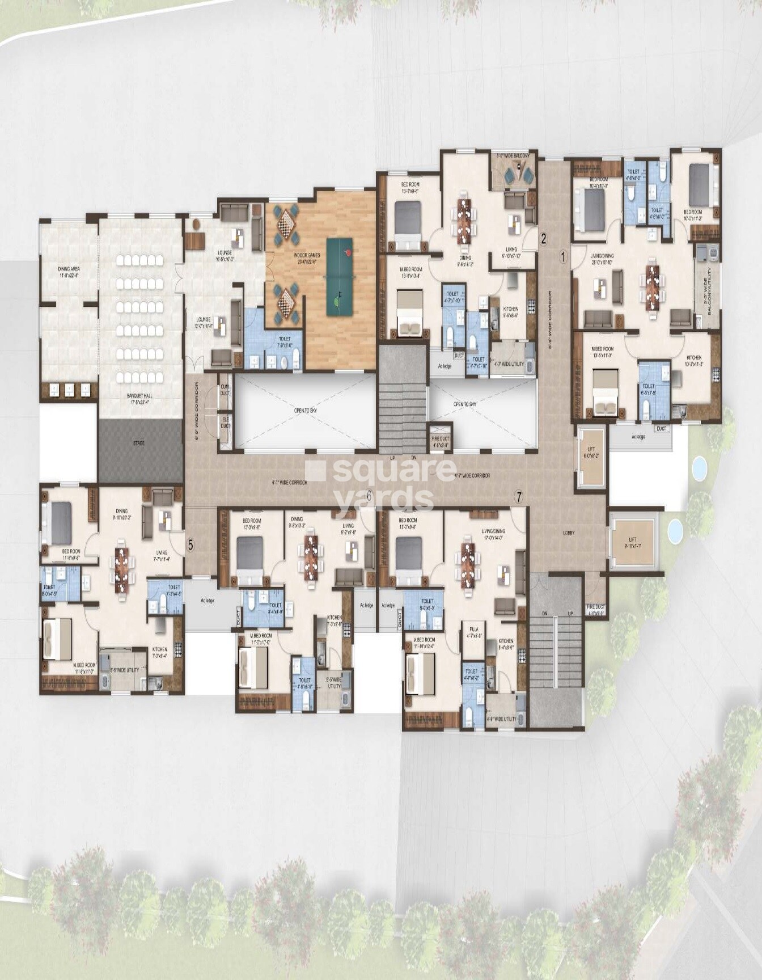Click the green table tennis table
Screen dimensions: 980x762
(x=340, y=276)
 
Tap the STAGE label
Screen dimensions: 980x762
(x=138, y=443)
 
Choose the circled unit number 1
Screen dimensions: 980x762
(x=563, y=256)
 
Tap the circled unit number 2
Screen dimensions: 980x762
(x=543, y=239)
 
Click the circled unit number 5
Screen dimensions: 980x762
(x=190, y=545)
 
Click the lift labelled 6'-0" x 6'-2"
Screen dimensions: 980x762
(x=591, y=458)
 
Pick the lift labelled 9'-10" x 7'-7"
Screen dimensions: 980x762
(x=633, y=542)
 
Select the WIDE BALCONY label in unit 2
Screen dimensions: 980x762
(x=513, y=155)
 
